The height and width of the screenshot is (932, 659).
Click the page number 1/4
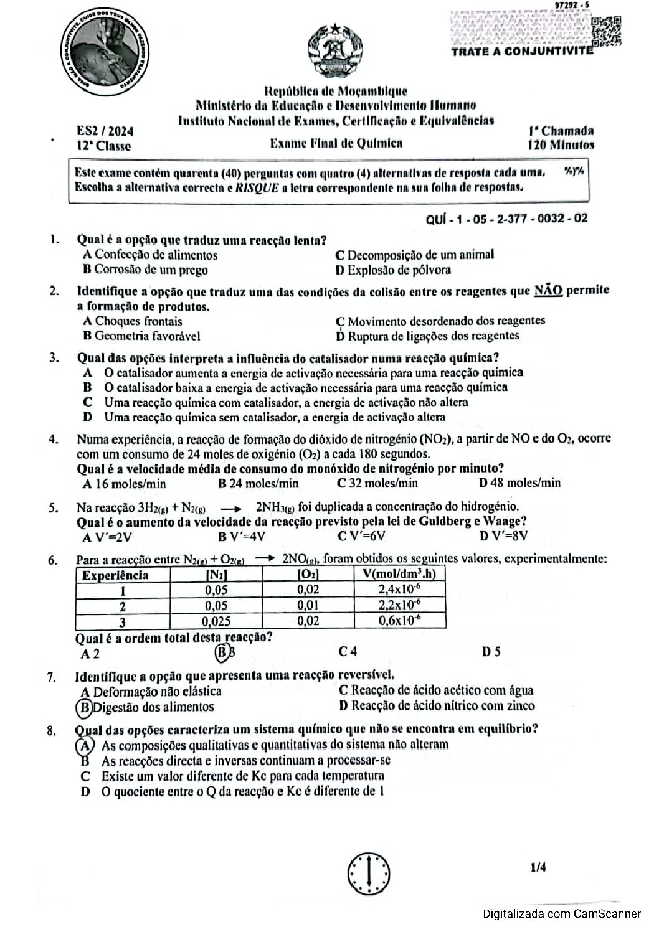click(538, 867)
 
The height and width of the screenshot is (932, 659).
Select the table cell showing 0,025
click(216, 621)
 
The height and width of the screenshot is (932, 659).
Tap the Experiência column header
click(115, 575)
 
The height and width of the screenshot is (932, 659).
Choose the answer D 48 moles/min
click(520, 483)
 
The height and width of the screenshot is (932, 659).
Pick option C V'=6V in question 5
click(361, 536)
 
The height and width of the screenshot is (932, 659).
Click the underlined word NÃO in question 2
click(548, 291)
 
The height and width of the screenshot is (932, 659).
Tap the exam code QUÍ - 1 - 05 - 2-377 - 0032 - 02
click(506, 219)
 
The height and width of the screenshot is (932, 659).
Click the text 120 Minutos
click(561, 145)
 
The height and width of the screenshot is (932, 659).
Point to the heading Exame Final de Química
click(336, 143)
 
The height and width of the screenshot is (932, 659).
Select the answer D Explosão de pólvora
click(393, 270)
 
